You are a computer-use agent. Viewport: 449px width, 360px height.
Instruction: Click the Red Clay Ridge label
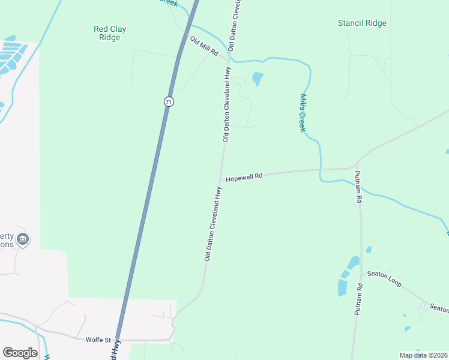click(x=110, y=33)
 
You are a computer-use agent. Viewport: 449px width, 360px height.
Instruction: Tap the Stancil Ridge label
click(x=362, y=23)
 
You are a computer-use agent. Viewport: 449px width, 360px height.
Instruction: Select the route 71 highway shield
click(x=169, y=102)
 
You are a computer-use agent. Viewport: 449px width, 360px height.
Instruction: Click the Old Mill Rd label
click(x=203, y=46)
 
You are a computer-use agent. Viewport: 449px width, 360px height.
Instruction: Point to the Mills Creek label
click(x=303, y=113)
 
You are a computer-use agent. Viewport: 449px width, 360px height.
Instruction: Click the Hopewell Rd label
click(x=244, y=177)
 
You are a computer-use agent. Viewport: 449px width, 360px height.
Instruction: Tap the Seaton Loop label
click(x=384, y=278)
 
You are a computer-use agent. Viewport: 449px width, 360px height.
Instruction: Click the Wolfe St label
click(x=100, y=340)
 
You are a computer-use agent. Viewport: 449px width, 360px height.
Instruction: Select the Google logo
click(x=20, y=353)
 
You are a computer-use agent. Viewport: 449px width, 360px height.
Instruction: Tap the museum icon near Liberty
click(x=23, y=239)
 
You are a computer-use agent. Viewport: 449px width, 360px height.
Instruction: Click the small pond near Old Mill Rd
click(x=258, y=79)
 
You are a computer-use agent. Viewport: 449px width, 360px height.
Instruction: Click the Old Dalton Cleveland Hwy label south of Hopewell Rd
click(x=214, y=223)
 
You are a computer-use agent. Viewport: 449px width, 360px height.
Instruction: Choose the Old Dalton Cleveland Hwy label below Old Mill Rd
click(x=226, y=104)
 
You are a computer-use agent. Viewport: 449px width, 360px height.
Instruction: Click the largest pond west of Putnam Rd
click(x=343, y=287)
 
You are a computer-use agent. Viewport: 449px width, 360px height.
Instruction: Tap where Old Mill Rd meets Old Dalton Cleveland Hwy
click(x=229, y=59)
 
